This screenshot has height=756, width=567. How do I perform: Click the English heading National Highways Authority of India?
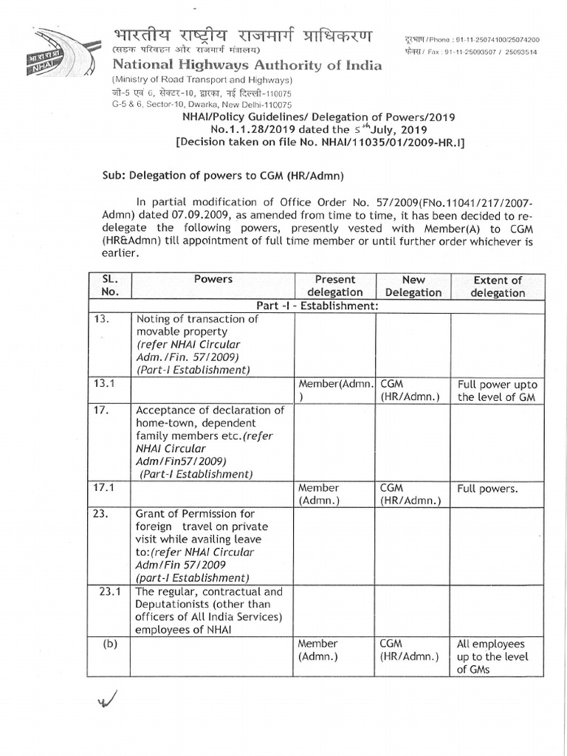click(x=247, y=66)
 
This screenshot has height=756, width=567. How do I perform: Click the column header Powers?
click(x=213, y=280)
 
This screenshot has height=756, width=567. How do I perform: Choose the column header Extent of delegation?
click(x=498, y=286)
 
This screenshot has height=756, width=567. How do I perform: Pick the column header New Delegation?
click(x=413, y=286)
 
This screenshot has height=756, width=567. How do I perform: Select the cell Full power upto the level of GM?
click(x=498, y=391)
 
